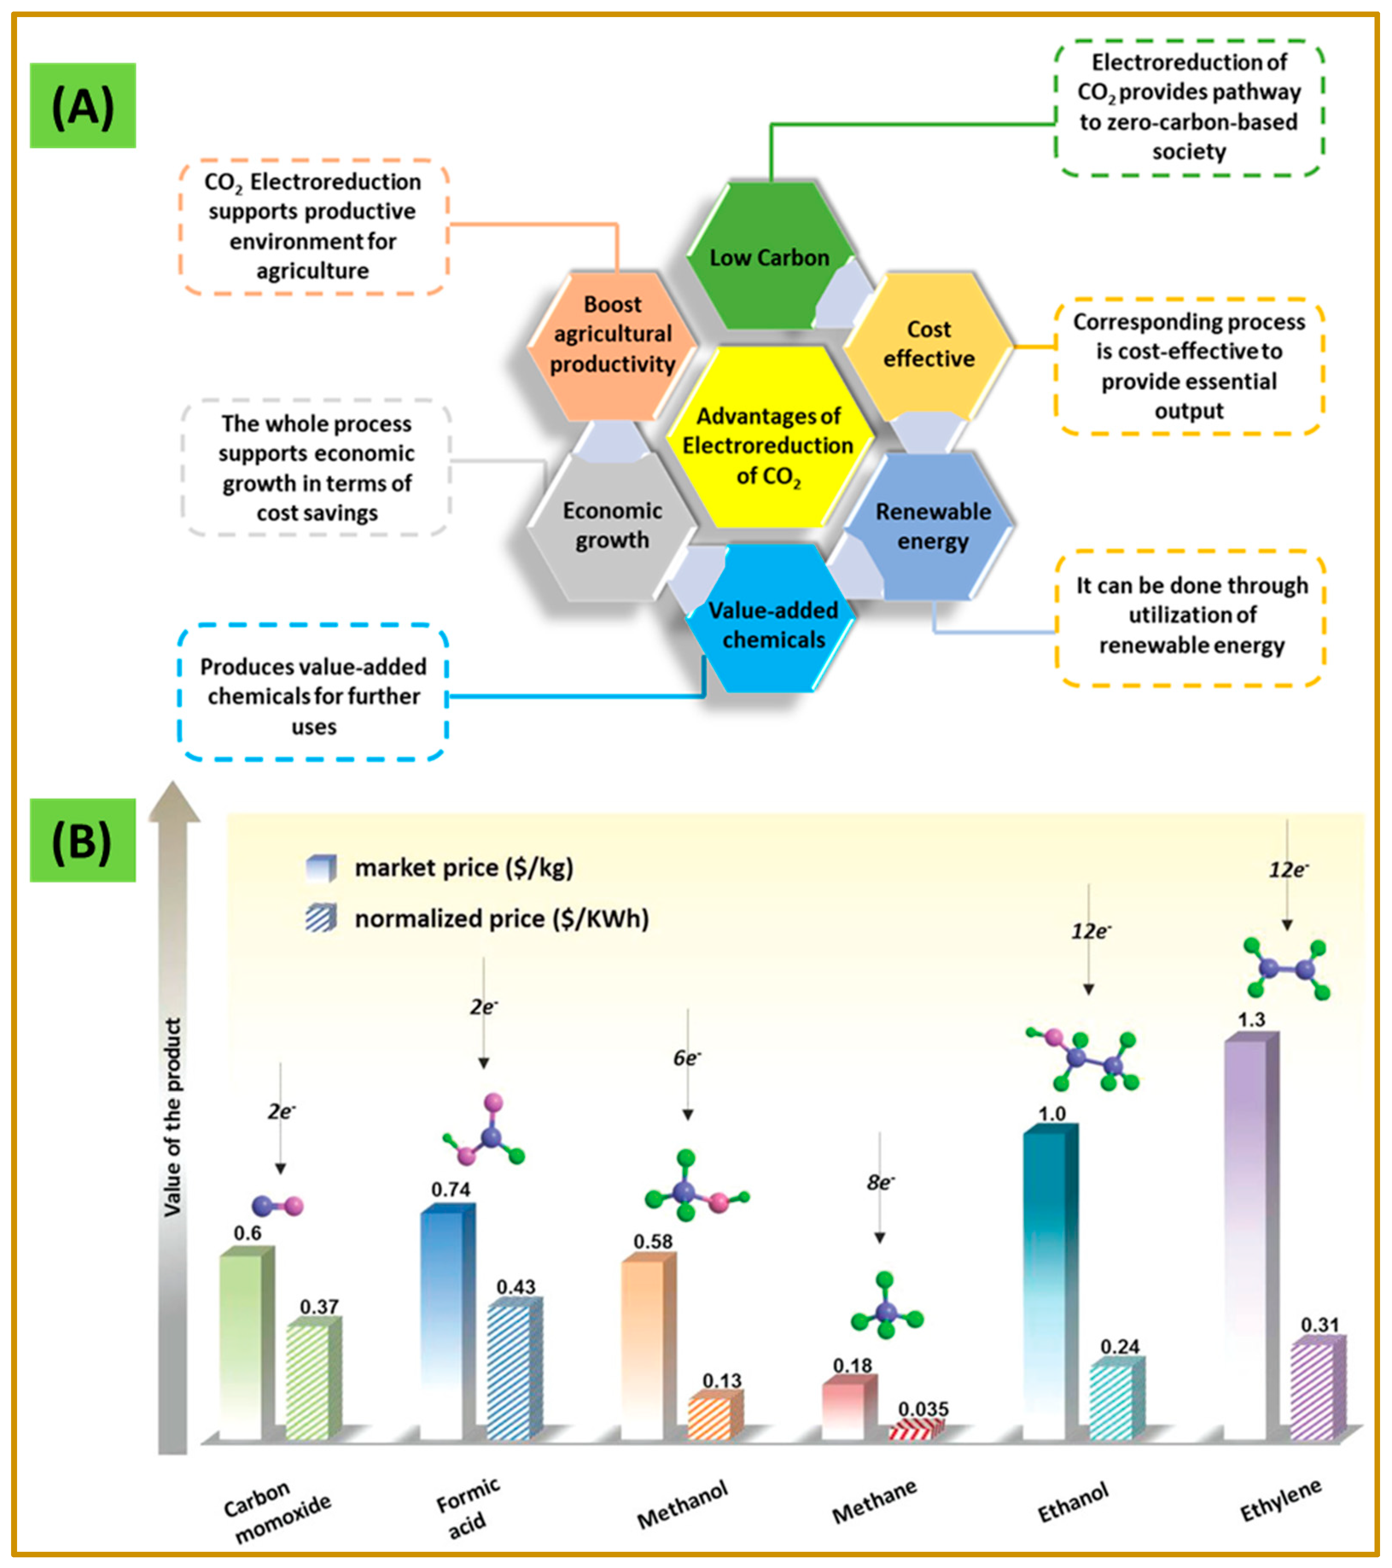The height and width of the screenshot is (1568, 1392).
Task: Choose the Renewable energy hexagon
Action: click(932, 526)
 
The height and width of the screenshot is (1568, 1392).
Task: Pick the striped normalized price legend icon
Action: click(320, 918)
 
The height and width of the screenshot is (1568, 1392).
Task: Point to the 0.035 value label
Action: click(923, 1409)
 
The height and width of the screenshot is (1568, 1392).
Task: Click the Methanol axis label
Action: click(683, 1506)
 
